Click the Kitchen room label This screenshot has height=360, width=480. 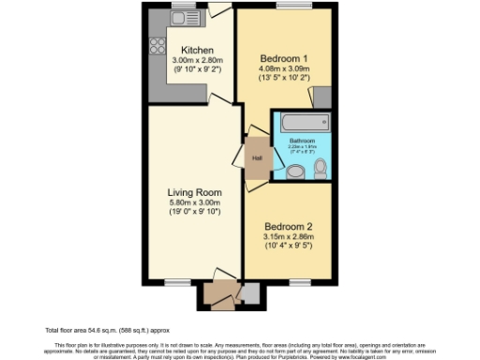point(197,50)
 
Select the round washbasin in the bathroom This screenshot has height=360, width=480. point(295,172)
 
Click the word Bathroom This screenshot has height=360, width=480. point(302,141)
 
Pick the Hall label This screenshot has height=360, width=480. point(257,157)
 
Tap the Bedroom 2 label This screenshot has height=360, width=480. point(289,226)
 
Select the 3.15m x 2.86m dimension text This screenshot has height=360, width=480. point(289,237)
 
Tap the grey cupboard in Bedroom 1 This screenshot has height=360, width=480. point(322,97)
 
